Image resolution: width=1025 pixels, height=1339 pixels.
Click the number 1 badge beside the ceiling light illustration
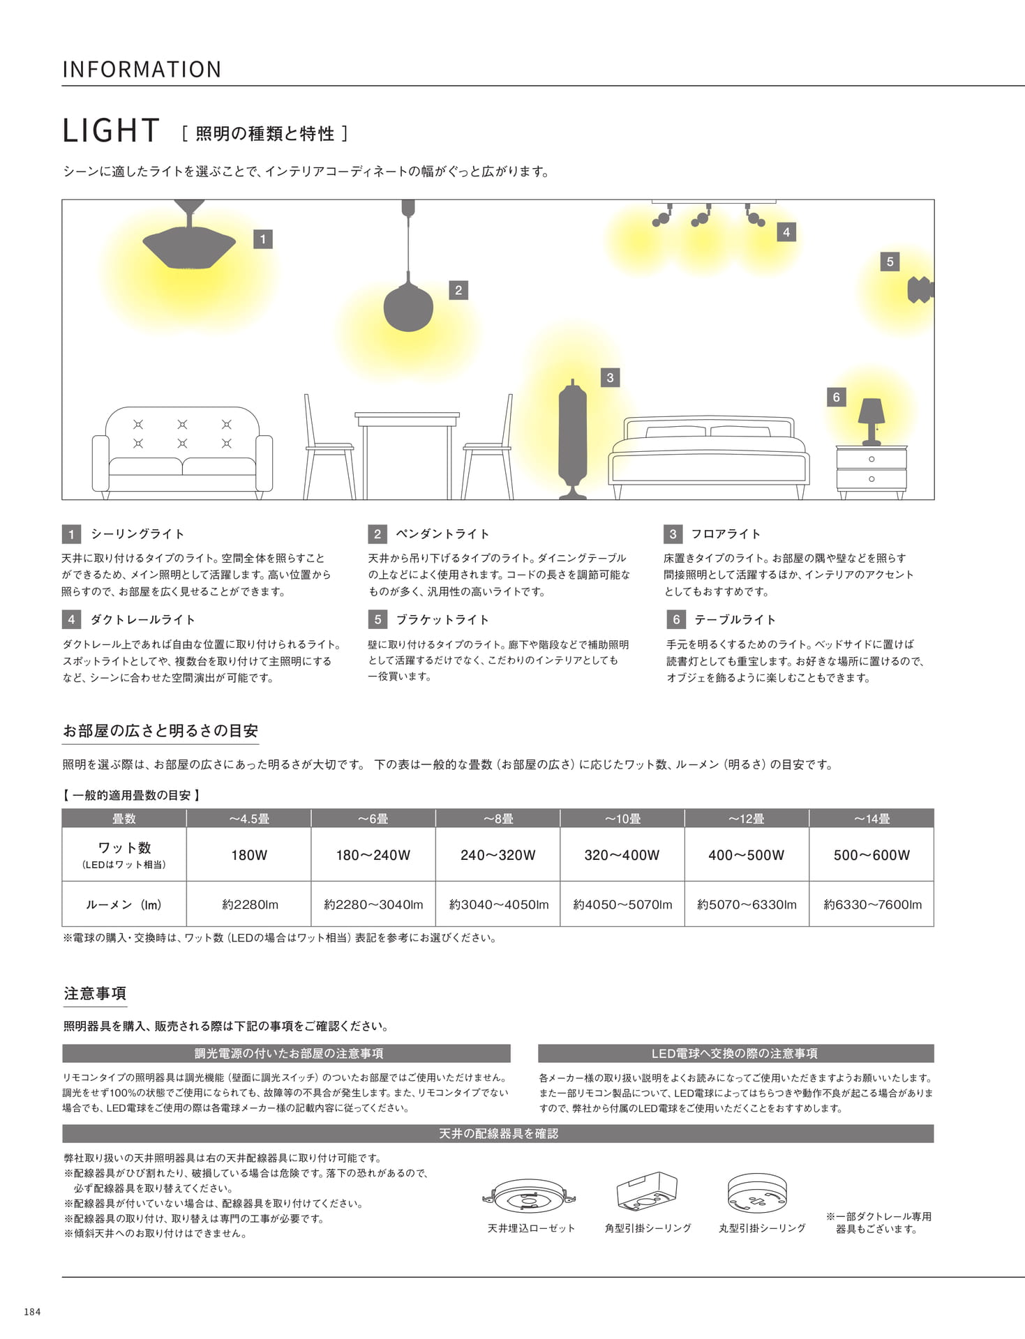(262, 239)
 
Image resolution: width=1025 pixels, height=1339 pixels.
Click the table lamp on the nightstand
(871, 421)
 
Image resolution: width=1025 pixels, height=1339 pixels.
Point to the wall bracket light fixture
(920, 289)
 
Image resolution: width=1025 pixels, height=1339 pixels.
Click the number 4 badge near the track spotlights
(786, 232)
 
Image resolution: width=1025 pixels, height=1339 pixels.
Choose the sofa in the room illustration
(182, 452)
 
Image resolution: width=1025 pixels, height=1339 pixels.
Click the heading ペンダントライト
(442, 534)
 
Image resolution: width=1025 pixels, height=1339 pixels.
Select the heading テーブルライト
(735, 620)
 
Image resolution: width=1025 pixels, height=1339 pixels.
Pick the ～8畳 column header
(497, 819)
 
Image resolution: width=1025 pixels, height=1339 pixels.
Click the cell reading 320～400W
(622, 855)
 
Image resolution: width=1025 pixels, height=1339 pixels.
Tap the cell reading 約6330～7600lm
(872, 905)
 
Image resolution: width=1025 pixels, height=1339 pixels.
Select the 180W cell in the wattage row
(249, 855)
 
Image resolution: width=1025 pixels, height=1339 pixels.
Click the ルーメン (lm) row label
(124, 905)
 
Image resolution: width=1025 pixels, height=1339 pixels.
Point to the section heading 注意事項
(95, 993)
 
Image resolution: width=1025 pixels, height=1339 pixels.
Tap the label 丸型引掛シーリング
(762, 1228)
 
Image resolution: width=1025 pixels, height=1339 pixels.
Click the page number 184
(32, 1312)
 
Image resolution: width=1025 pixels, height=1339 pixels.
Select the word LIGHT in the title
(112, 130)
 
